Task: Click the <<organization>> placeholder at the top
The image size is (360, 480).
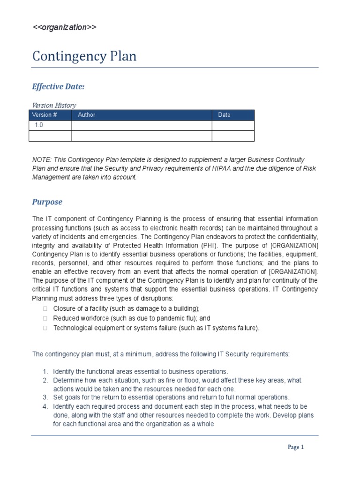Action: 64,27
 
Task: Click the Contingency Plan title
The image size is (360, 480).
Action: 84,56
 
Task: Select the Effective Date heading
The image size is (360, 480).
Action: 58,87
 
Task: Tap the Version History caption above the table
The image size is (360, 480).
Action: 54,105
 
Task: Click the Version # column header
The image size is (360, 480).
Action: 42,115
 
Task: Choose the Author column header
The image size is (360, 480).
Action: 87,115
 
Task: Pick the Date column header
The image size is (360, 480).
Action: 224,115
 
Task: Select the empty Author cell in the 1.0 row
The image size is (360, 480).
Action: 142,126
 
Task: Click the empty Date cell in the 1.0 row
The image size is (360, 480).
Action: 232,126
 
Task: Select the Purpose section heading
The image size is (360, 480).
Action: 47,202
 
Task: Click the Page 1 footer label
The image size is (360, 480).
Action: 296,447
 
